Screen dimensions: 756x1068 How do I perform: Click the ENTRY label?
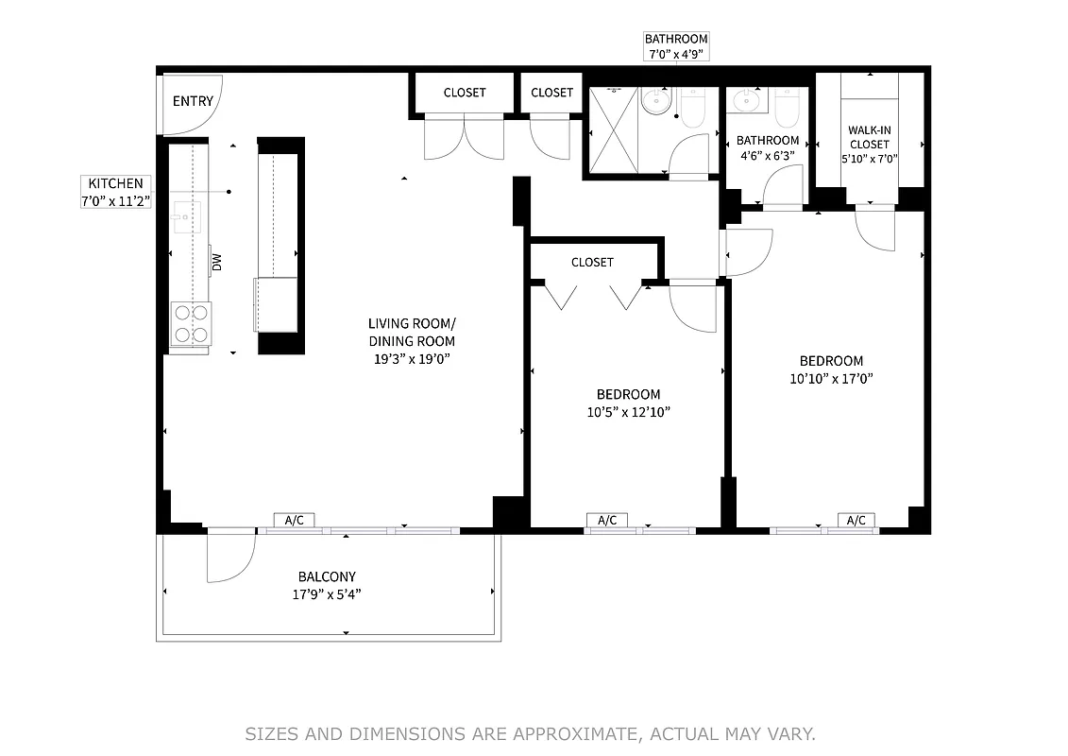click(x=193, y=101)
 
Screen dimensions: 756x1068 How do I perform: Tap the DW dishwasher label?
click(x=216, y=262)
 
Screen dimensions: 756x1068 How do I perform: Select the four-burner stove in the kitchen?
click(x=191, y=323)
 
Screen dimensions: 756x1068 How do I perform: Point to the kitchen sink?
click(x=186, y=216)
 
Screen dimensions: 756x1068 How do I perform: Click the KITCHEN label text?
click(x=115, y=183)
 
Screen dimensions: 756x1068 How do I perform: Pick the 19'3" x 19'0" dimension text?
click(x=412, y=358)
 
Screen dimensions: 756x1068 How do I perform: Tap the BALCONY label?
click(x=327, y=576)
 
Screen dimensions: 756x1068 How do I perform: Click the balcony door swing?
click(x=230, y=558)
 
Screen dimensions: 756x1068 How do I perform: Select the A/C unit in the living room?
click(x=294, y=520)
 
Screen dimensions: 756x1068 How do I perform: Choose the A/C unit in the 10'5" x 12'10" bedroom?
click(x=606, y=520)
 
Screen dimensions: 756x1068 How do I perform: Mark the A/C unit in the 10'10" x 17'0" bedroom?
click(x=856, y=520)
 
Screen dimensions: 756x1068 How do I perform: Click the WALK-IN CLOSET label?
click(x=869, y=137)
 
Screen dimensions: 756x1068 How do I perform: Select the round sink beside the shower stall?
click(x=654, y=101)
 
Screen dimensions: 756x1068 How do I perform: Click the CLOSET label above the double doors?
click(x=465, y=93)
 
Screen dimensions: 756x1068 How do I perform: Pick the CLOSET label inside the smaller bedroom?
click(x=592, y=262)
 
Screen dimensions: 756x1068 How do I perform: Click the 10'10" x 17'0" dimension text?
click(x=831, y=378)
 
